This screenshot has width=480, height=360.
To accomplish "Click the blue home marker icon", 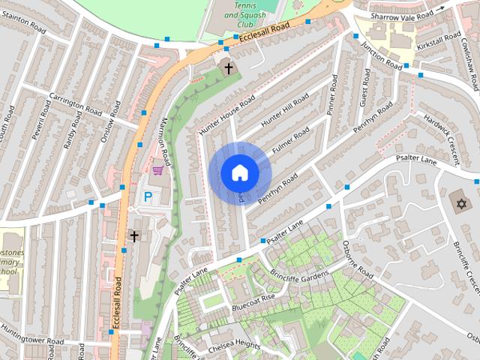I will pos(239,172).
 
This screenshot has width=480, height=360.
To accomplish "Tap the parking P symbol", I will pos(148,197).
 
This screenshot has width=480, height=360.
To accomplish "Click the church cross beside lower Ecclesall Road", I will pos(134,236).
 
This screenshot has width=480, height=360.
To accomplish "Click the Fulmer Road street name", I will pos(291,142).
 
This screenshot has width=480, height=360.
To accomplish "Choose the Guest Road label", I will pos(364,88).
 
